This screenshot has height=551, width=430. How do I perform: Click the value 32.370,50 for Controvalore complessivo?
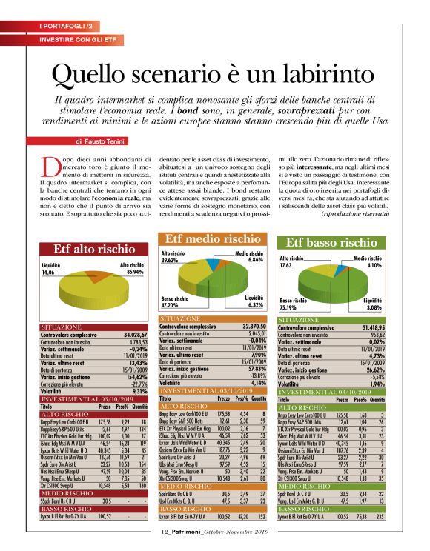(x=252, y=325)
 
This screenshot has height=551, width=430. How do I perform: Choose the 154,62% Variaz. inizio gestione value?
(x=136, y=377)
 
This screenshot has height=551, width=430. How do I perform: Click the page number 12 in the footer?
(x=165, y=530)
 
